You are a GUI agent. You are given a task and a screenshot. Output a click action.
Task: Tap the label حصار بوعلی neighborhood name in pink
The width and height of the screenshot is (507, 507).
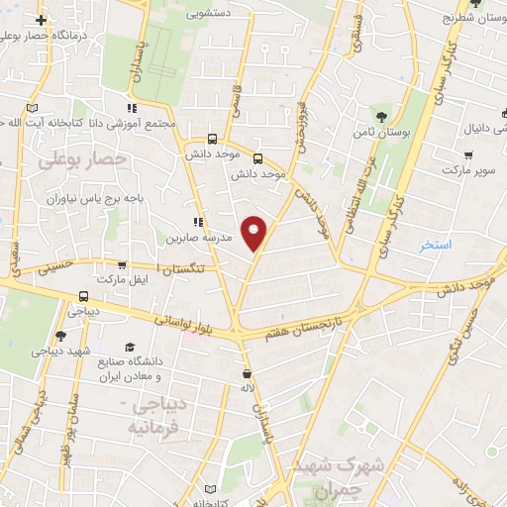click(82, 158)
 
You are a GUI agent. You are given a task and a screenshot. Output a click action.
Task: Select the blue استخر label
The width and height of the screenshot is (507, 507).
click(435, 244)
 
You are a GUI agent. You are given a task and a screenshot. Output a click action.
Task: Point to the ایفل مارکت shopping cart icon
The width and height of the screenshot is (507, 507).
click(121, 265)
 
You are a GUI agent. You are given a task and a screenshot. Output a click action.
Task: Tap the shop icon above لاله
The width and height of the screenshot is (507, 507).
click(246, 374)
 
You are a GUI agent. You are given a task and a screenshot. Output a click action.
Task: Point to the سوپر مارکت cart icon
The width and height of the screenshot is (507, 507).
click(468, 155)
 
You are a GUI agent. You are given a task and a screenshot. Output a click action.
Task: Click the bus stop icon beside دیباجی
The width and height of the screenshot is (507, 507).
click(81, 295)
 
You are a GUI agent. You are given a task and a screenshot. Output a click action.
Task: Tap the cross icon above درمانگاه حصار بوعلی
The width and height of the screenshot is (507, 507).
click(40, 20)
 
